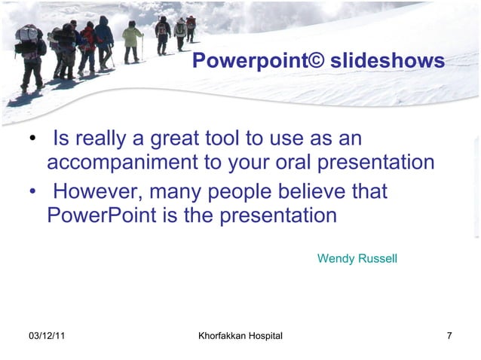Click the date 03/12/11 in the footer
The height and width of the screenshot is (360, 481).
[x=46, y=335]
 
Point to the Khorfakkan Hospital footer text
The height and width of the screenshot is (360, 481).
[x=240, y=335]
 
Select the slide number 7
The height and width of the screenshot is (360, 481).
[x=449, y=335]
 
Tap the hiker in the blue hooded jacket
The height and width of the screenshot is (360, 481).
[x=103, y=38]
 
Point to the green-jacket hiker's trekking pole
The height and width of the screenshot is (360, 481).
[x=141, y=47]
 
